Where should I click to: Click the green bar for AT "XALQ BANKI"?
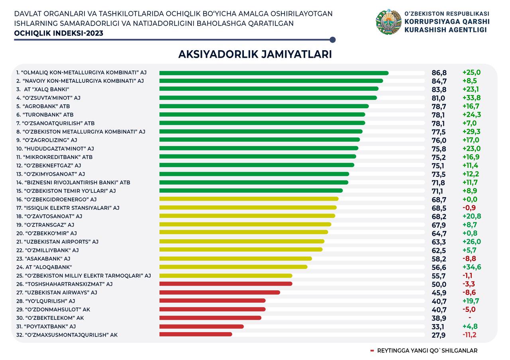click(269, 89)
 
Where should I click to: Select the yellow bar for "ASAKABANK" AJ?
click(235, 258)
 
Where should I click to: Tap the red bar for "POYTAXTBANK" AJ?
click(202, 327)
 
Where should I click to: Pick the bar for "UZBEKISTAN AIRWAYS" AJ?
click(220, 292)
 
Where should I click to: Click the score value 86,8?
click(439, 73)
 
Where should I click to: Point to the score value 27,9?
click(439, 335)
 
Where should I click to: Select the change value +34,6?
click(471, 267)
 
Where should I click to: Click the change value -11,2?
click(469, 335)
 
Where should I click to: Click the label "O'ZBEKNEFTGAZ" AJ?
click(49, 165)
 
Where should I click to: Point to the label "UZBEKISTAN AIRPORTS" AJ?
click(57, 242)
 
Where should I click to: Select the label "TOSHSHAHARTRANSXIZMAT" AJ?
click(64, 284)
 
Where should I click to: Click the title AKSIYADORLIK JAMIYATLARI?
click(255, 54)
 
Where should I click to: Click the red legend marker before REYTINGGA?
click(372, 351)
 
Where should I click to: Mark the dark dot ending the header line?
click(333, 40)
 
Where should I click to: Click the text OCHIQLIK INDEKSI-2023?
click(59, 33)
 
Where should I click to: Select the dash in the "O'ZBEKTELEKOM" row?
click(470, 318)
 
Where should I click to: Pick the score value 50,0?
click(439, 284)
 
